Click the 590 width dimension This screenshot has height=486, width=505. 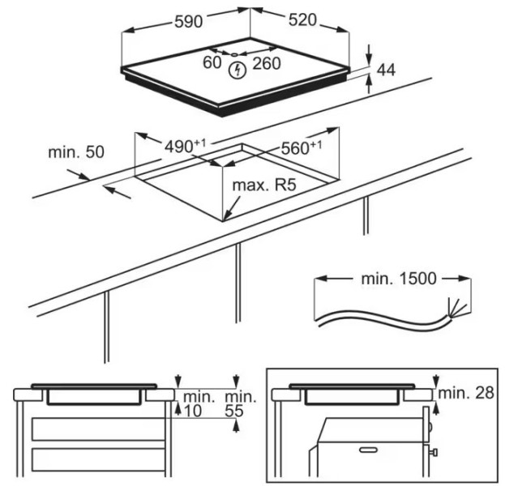point(188,22)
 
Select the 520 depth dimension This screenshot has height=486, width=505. point(302,20)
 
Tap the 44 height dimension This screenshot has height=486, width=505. point(386,70)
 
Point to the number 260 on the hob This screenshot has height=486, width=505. point(267,64)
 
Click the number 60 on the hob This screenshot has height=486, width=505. point(212,62)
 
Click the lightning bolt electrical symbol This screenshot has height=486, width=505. point(238,70)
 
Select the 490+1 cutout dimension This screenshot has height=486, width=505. point(185,146)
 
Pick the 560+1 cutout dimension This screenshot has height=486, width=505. point(302,147)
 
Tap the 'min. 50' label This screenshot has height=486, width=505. point(76,152)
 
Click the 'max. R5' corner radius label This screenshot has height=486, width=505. point(264,185)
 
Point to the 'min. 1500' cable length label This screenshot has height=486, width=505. point(399,279)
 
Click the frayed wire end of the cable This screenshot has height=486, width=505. point(456,308)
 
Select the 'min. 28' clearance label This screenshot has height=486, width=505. point(466,393)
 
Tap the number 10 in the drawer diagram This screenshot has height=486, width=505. point(193,411)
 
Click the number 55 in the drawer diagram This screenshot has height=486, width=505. point(234,411)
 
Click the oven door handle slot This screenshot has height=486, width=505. point(369,450)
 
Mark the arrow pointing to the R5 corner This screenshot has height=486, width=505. point(232,208)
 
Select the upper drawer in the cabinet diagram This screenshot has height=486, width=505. point(99,429)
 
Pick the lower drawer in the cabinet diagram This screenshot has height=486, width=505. point(99,459)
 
